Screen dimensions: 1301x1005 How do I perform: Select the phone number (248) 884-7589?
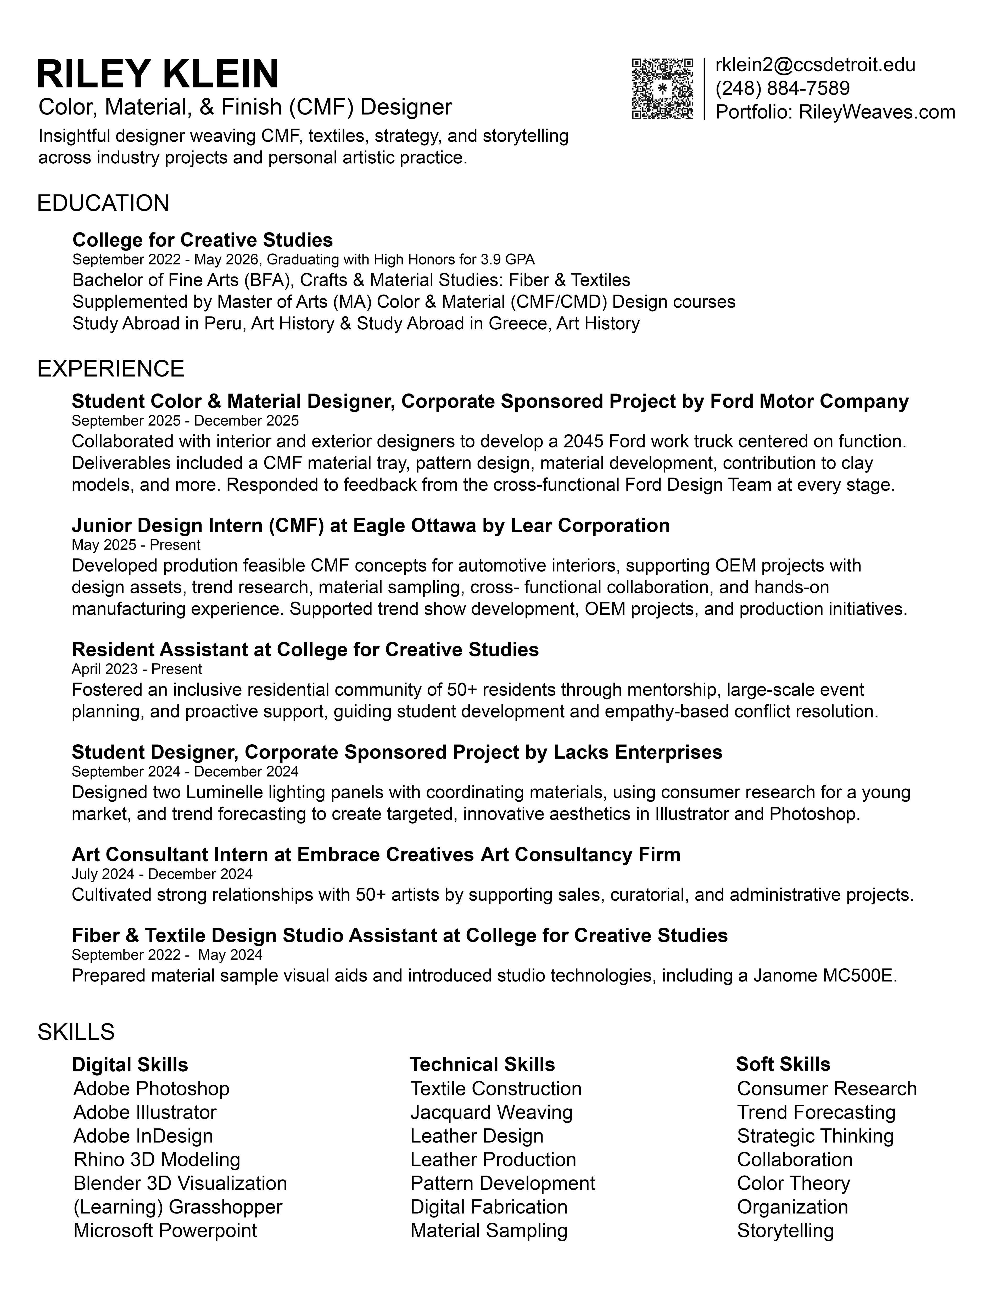tap(782, 88)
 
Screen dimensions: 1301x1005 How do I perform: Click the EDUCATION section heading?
tap(103, 203)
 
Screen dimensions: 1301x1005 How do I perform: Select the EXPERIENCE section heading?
tap(111, 369)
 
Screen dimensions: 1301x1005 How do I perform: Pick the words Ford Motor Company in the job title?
tap(809, 401)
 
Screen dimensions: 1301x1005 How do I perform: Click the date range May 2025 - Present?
tap(136, 545)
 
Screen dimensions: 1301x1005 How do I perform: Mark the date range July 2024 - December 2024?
tap(162, 874)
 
